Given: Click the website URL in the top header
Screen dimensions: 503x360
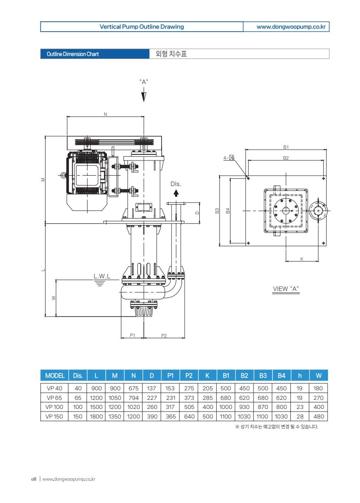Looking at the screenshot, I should click(291, 27).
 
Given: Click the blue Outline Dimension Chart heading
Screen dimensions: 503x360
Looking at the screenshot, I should click(72, 54).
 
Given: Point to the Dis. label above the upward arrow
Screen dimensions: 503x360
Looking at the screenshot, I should click(175, 184).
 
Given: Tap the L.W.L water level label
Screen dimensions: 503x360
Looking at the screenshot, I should click(102, 276).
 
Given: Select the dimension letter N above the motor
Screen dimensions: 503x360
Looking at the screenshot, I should click(105, 114).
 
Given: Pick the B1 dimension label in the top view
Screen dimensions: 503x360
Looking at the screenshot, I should click(286, 147).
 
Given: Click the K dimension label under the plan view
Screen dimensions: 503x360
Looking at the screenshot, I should click(302, 259).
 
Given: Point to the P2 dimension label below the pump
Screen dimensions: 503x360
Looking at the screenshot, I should click(164, 335).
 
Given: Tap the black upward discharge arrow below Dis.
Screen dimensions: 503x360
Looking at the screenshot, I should click(176, 193).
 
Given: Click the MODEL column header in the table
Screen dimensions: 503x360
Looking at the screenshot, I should click(55, 376).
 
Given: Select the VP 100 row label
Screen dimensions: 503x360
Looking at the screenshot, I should click(55, 407).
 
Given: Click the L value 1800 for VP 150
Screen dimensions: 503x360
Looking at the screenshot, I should click(96, 417).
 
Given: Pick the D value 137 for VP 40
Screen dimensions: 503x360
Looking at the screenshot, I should click(152, 389).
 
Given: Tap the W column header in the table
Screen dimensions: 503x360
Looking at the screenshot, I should click(318, 376).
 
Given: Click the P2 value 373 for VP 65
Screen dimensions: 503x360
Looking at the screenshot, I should click(189, 398).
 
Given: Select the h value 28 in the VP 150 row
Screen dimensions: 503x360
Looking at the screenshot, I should click(300, 417).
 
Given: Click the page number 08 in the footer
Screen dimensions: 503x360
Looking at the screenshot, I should click(33, 479).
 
